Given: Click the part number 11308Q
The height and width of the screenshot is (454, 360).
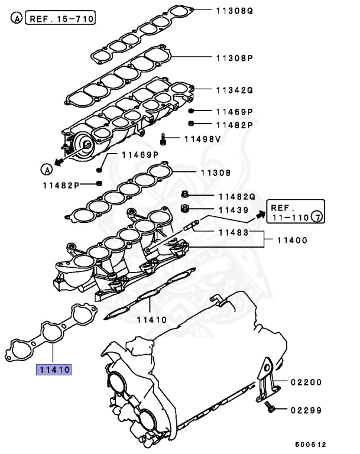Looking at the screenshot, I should (x=235, y=10).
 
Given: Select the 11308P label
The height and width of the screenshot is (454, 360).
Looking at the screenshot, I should (x=235, y=58).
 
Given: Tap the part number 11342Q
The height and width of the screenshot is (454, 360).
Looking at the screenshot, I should (x=235, y=90).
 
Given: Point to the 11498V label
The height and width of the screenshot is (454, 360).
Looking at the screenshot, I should (x=202, y=140).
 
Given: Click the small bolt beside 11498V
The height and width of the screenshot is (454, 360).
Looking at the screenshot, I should (x=163, y=140).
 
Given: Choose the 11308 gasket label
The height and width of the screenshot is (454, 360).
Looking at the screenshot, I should (x=218, y=173).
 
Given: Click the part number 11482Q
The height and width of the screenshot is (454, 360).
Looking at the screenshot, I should (x=237, y=196).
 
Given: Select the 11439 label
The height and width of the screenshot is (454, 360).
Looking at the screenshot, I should (x=232, y=210).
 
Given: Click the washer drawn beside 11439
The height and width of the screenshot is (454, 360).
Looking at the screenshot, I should (x=184, y=209).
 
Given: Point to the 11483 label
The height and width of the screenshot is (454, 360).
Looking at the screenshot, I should (x=232, y=233).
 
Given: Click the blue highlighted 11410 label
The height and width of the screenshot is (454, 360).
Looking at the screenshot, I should (x=54, y=370).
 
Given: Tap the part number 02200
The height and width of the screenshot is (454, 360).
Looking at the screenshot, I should (x=306, y=382).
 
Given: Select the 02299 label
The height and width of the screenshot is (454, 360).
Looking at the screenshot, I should (x=306, y=409).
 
